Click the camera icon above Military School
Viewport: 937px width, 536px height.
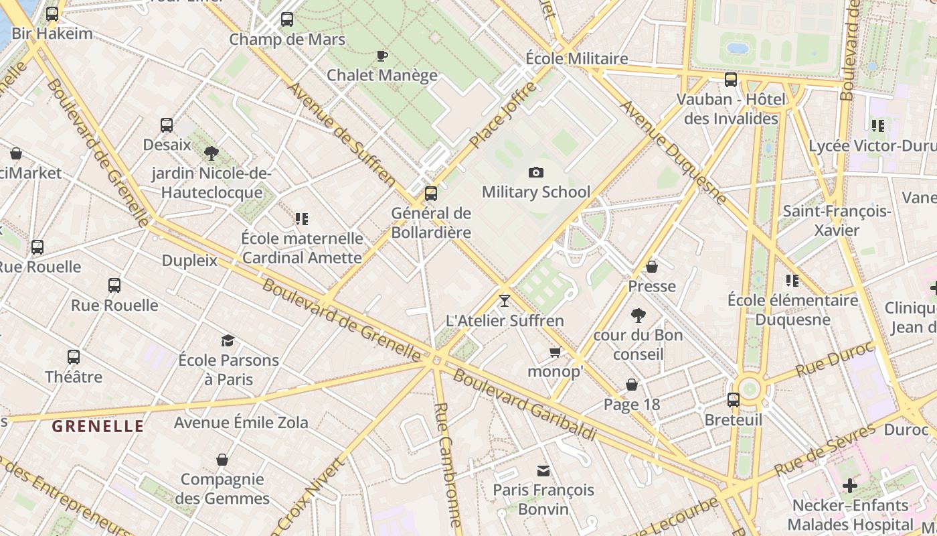click(535, 173)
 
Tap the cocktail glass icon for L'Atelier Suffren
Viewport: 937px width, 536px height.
click(505, 300)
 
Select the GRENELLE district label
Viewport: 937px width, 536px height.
click(98, 426)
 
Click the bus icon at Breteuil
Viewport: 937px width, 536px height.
click(734, 400)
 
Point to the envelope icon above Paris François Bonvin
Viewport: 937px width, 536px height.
click(543, 471)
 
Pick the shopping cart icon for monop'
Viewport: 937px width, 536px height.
click(555, 352)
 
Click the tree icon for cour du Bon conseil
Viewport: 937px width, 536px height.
click(638, 315)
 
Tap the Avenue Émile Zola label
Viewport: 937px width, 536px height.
click(241, 422)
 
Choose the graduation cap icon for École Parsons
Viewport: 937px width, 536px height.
click(228, 340)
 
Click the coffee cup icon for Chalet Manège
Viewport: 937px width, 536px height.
click(382, 56)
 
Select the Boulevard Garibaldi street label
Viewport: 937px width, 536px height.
click(524, 404)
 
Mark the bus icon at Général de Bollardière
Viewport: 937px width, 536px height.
click(431, 194)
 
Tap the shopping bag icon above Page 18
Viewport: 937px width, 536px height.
click(631, 385)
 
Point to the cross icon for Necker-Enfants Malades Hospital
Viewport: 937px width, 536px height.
click(850, 485)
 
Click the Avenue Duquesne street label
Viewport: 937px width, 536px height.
click(672, 151)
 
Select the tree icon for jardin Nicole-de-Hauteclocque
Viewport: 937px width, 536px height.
click(211, 153)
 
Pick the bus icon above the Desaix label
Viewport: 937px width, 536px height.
click(167, 125)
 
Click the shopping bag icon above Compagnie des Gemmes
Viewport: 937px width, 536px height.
click(222, 460)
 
